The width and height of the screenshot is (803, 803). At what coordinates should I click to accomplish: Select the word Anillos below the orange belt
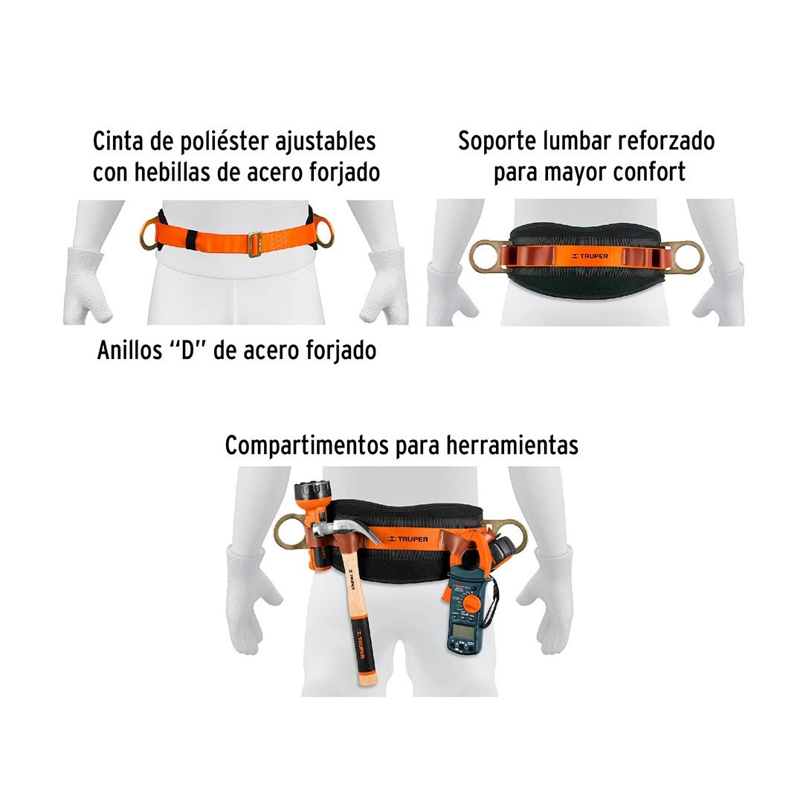pos(130,351)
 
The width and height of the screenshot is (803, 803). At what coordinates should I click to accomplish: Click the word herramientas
pos(512,445)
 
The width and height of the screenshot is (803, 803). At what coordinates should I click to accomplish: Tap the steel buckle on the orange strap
pos(255,244)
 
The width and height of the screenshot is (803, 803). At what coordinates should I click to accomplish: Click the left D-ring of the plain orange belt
pos(149,233)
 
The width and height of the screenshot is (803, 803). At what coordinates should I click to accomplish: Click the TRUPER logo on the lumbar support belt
pos(590,256)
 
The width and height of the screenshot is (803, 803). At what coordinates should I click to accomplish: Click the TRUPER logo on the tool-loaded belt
pos(408,539)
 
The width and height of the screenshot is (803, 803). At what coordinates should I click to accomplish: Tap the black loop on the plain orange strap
pos(191,238)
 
